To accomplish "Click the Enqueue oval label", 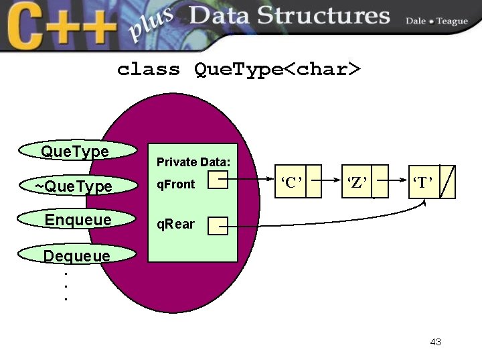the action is pos(78,220).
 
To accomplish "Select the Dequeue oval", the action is pos(76,255).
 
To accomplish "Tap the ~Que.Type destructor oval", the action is pos(74,186).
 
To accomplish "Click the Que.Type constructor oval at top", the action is pos(74,152).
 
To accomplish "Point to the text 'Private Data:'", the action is pos(193,162).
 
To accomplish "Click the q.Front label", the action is pos(175,184).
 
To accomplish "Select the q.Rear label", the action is pos(175,225).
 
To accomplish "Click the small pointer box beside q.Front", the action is pos(218,180).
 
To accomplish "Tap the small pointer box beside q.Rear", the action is pos(218,226).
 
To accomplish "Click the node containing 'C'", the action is pos(293,182).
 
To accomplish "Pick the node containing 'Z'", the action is pos(357,182).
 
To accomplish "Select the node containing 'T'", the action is pos(423,182).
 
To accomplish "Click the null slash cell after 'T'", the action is pos(448,182).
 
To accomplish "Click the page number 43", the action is pos(436,342).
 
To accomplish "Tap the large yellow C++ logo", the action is pos(61,25).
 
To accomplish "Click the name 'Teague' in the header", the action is pos(453,21).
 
